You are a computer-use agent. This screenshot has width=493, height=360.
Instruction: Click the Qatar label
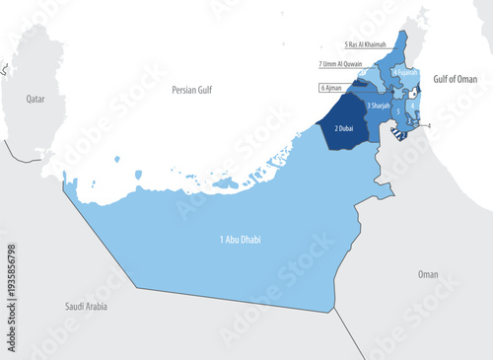point(36,99)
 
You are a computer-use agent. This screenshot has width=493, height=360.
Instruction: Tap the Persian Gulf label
point(191,89)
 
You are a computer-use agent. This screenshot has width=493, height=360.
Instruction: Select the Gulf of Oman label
point(453,79)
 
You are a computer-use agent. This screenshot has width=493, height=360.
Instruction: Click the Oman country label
point(428,274)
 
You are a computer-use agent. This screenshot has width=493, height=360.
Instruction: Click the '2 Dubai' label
point(344,127)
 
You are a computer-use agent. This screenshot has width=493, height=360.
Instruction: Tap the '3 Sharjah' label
point(381,106)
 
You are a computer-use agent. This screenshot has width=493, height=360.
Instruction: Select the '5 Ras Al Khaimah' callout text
point(366,44)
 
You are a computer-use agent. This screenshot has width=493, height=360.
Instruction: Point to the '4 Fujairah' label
point(405,72)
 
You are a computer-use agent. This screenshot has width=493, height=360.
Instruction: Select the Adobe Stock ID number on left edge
point(11,292)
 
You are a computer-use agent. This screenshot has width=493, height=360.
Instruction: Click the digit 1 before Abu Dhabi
point(222,240)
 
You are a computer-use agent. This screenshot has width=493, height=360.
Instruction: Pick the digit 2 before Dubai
point(336,127)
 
